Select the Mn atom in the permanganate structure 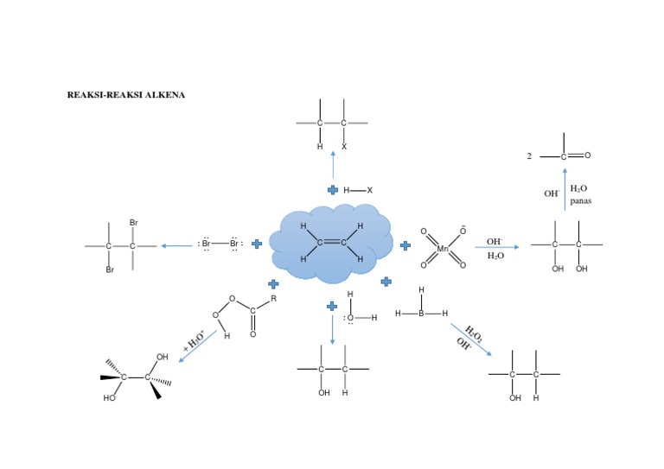443,249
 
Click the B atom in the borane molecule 422,314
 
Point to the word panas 580,200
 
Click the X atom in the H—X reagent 370,190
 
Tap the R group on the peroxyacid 273,298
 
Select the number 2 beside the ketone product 529,156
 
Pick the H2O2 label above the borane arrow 474,333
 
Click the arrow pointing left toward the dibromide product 176,245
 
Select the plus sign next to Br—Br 257,244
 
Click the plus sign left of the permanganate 405,245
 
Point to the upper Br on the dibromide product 134,223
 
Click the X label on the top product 344,147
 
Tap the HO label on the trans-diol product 110,398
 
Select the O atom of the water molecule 350,318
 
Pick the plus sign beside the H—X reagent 333,190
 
